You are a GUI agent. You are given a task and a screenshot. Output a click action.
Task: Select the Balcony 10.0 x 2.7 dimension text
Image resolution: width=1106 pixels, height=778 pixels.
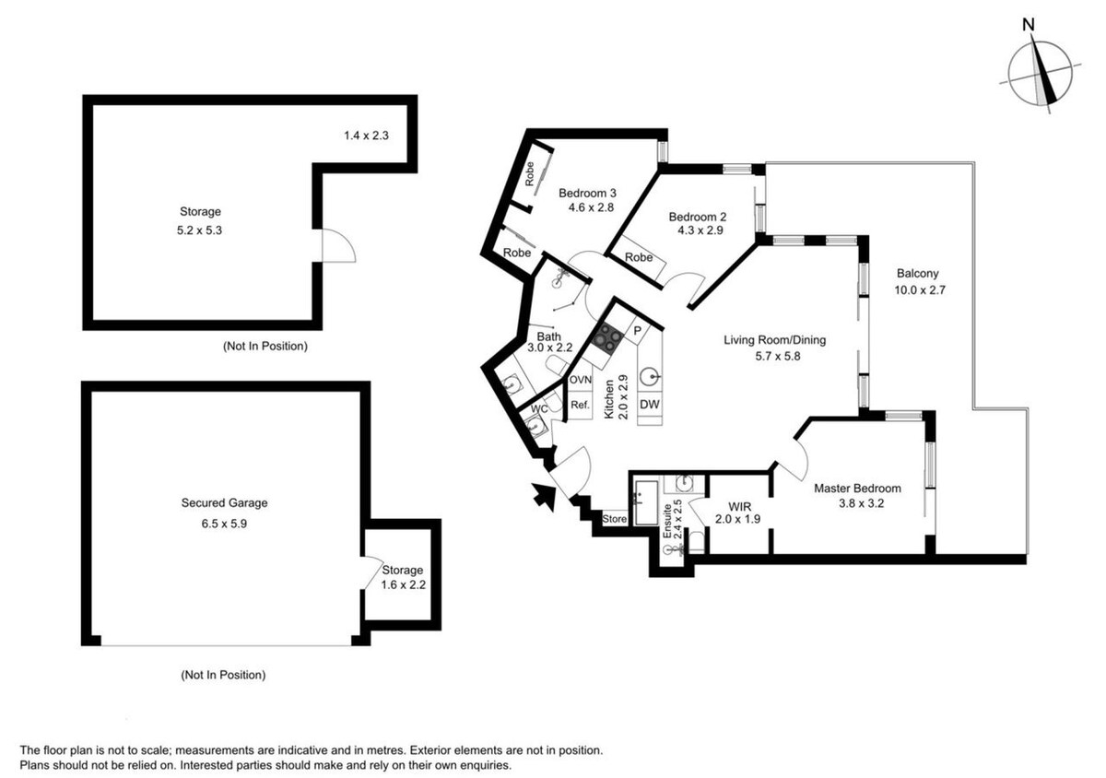pyautogui.click(x=920, y=290)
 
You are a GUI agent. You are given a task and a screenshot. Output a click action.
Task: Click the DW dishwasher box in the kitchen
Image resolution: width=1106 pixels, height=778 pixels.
pyautogui.click(x=649, y=404)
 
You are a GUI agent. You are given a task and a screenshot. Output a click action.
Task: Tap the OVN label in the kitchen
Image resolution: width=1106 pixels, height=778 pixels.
pyautogui.click(x=580, y=380)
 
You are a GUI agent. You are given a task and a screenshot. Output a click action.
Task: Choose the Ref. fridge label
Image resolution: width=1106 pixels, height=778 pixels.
pyautogui.click(x=580, y=405)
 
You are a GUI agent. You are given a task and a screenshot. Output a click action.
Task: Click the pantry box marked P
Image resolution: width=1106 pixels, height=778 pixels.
pyautogui.click(x=638, y=330)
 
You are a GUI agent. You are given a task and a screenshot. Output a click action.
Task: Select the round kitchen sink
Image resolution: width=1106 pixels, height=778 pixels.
pyautogui.click(x=649, y=377)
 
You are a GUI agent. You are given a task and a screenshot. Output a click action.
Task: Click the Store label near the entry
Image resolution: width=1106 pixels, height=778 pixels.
pyautogui.click(x=615, y=519)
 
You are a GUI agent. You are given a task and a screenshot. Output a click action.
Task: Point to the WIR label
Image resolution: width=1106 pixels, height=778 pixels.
pyautogui.click(x=739, y=506)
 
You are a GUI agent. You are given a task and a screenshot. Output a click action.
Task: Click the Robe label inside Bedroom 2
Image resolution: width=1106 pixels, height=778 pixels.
pyautogui.click(x=639, y=257)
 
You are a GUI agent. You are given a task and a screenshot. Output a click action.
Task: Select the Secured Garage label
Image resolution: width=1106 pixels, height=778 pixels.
pyautogui.click(x=224, y=503)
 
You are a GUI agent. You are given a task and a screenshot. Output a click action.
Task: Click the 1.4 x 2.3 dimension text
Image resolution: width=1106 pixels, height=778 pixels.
pyautogui.click(x=367, y=136)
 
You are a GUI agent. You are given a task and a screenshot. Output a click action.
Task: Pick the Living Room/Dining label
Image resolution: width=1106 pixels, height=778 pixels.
pyautogui.click(x=775, y=340)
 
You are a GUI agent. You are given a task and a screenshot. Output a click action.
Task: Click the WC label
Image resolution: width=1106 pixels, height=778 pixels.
pyautogui.click(x=539, y=409)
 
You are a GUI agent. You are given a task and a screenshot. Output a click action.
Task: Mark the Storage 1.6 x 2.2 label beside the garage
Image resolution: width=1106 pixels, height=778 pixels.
pyautogui.click(x=403, y=577)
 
